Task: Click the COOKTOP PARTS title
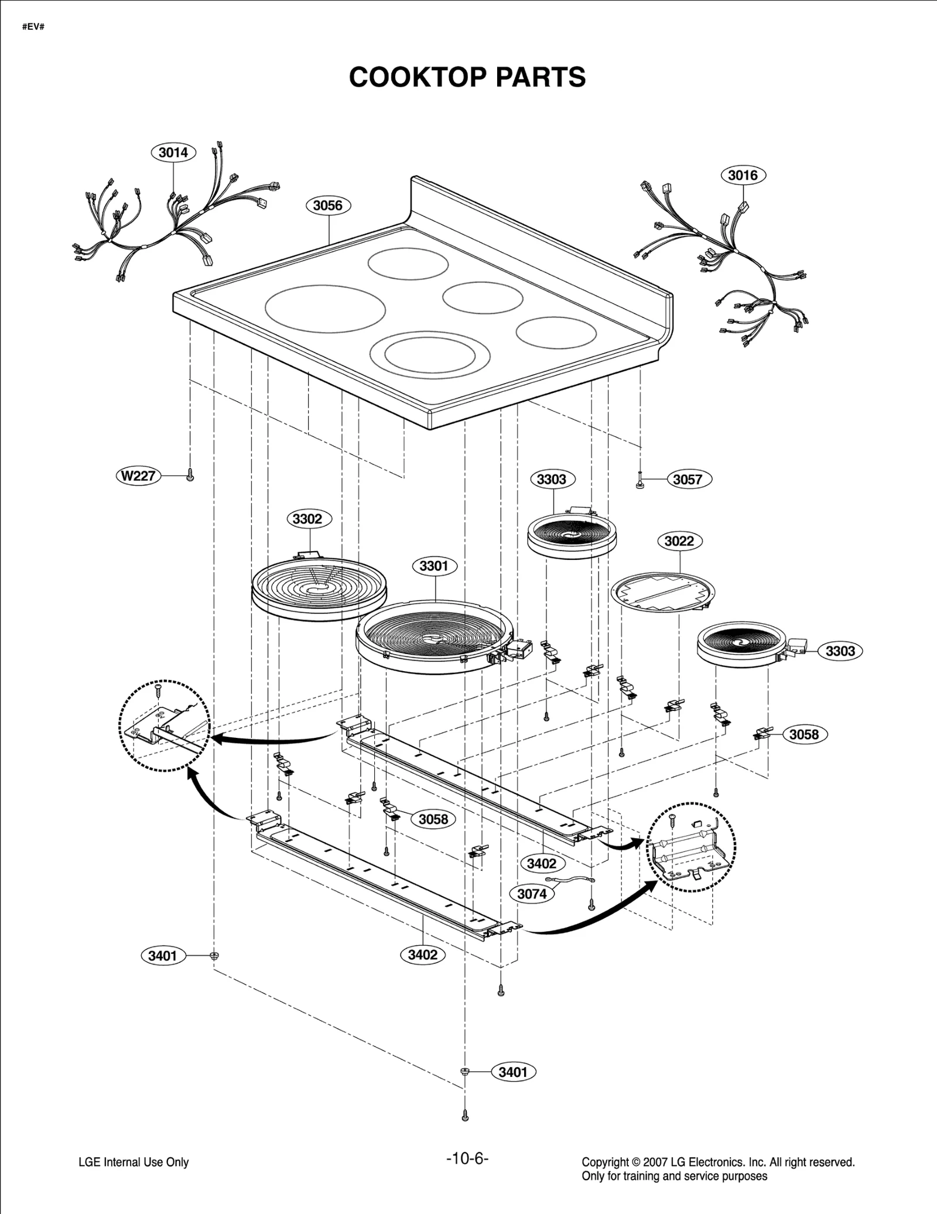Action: point(467,77)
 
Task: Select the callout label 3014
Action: point(173,152)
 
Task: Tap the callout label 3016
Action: point(743,175)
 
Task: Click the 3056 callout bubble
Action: point(327,206)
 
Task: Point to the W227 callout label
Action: point(138,476)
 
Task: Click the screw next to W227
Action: point(190,475)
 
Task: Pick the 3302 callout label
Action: point(307,519)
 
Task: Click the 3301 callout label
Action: point(433,566)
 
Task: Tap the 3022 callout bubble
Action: point(679,541)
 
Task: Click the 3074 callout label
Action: point(532,894)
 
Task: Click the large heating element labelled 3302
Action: point(320,589)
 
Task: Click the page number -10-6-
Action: point(467,1158)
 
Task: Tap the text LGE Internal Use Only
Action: point(134,1162)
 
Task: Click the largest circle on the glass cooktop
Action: point(325,309)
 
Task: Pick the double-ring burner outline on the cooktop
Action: point(430,355)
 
